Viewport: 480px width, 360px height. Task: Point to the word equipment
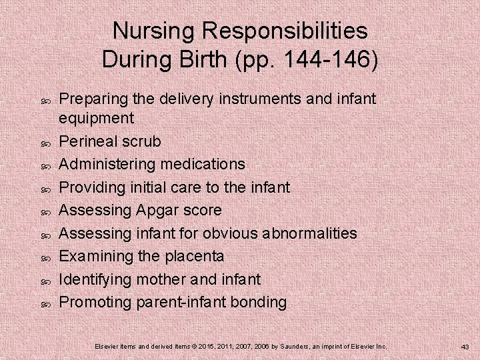click(x=97, y=119)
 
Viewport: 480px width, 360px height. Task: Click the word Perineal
click(x=89, y=141)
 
